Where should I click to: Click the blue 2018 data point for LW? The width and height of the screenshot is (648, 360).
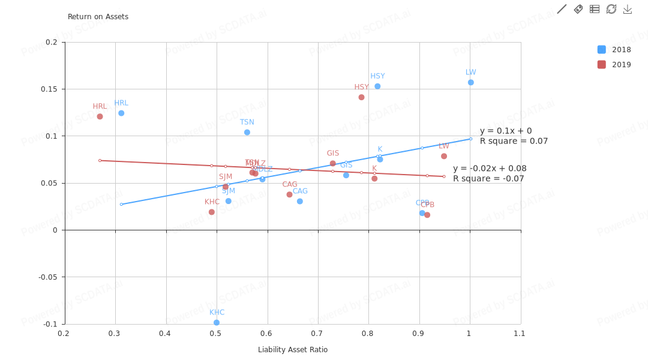(471, 82)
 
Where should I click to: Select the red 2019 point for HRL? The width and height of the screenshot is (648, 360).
(100, 116)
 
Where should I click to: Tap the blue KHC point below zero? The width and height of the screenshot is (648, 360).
(217, 323)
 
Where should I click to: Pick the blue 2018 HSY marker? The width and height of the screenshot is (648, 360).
(377, 86)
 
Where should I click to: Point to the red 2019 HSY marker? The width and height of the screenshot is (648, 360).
(361, 97)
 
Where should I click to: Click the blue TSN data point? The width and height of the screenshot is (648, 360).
(247, 132)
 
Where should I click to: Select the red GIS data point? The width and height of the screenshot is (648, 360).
(333, 163)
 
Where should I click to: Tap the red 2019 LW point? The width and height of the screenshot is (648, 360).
(444, 156)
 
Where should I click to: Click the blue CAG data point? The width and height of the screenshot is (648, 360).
(300, 201)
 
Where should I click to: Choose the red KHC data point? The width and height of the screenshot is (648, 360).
(212, 212)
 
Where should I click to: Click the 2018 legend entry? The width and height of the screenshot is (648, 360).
(614, 50)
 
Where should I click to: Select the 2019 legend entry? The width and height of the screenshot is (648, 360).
(614, 65)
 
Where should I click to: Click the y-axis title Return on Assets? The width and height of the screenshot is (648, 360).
(98, 17)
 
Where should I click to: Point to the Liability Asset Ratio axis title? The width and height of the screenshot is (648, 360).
(293, 350)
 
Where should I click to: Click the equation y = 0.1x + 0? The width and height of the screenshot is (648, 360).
(506, 131)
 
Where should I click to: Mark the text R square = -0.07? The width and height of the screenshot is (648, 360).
(488, 179)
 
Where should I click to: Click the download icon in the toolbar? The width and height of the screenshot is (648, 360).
(628, 9)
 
